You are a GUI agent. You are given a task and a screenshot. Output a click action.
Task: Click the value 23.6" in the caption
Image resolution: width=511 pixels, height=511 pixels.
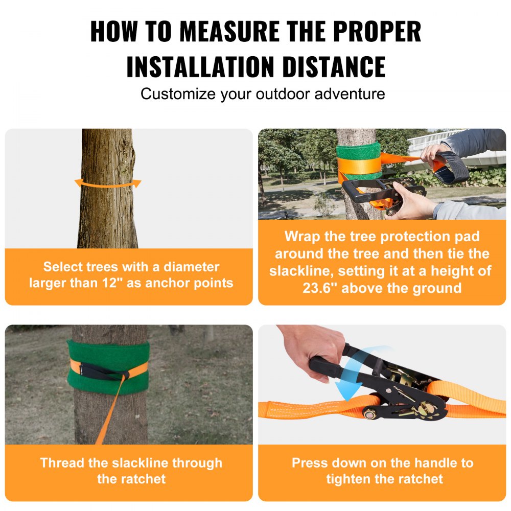[x=321, y=288]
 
